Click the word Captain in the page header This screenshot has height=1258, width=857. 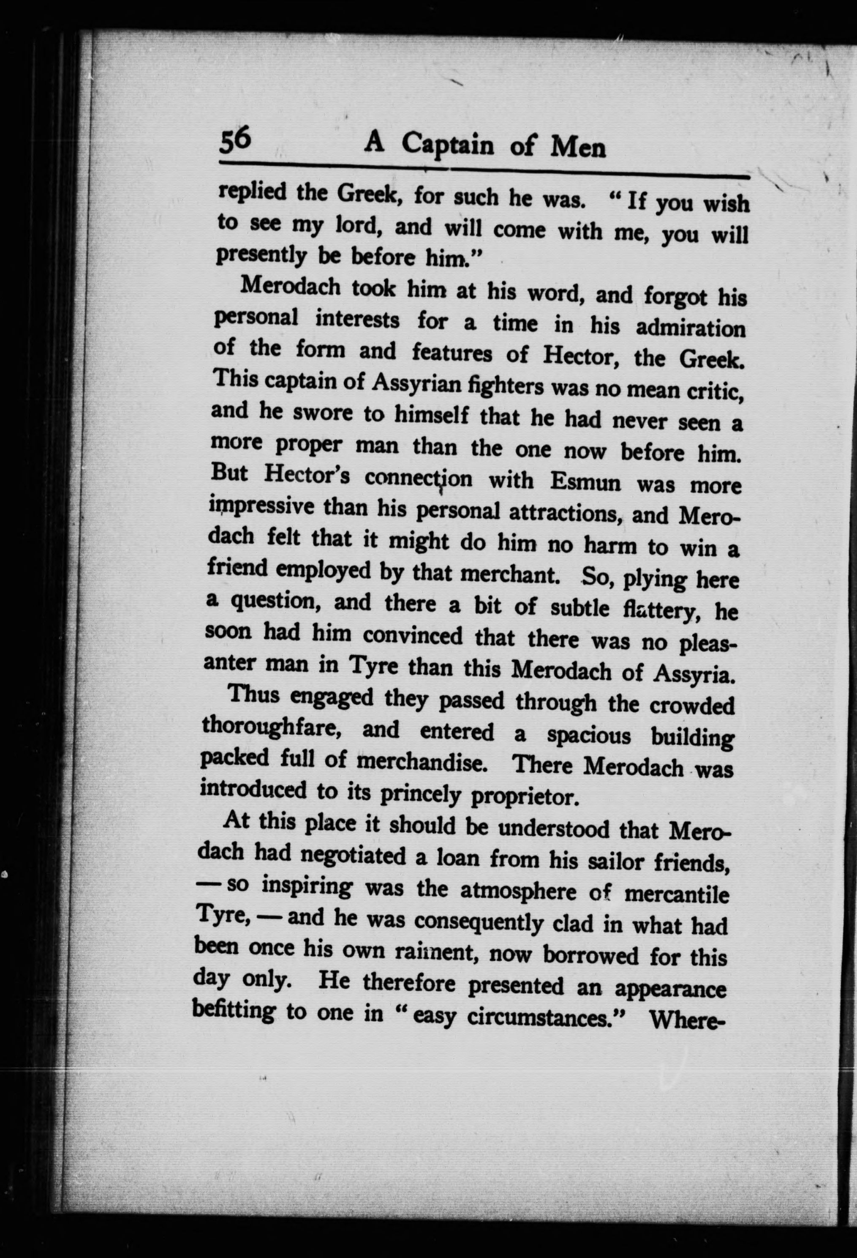(x=447, y=145)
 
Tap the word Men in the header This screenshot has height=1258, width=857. (x=577, y=147)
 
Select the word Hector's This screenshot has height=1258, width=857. (x=307, y=476)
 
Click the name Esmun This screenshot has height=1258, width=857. (x=585, y=482)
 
